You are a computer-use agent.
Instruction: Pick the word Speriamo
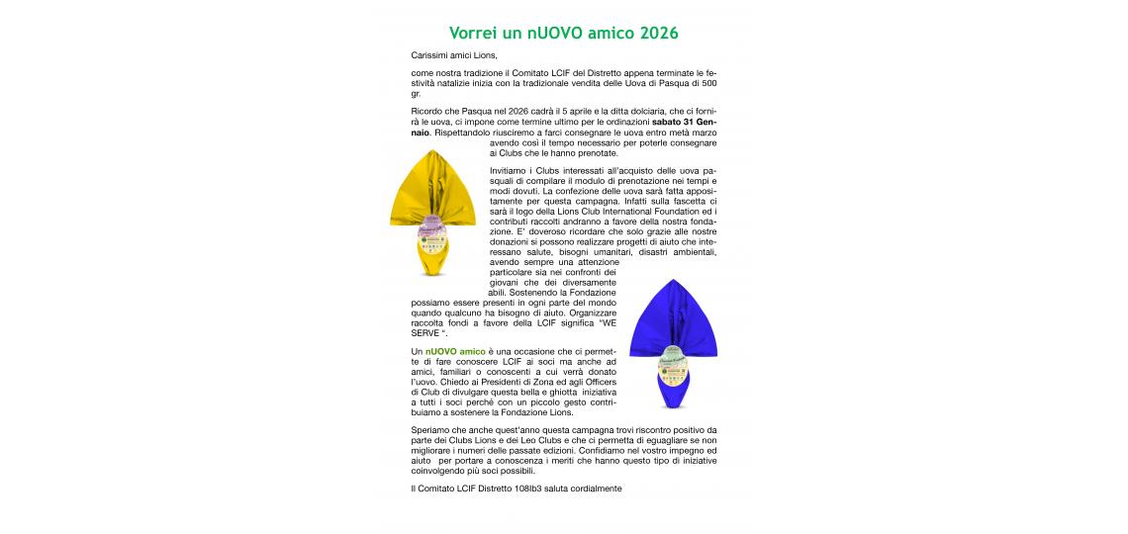coord(431,430)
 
